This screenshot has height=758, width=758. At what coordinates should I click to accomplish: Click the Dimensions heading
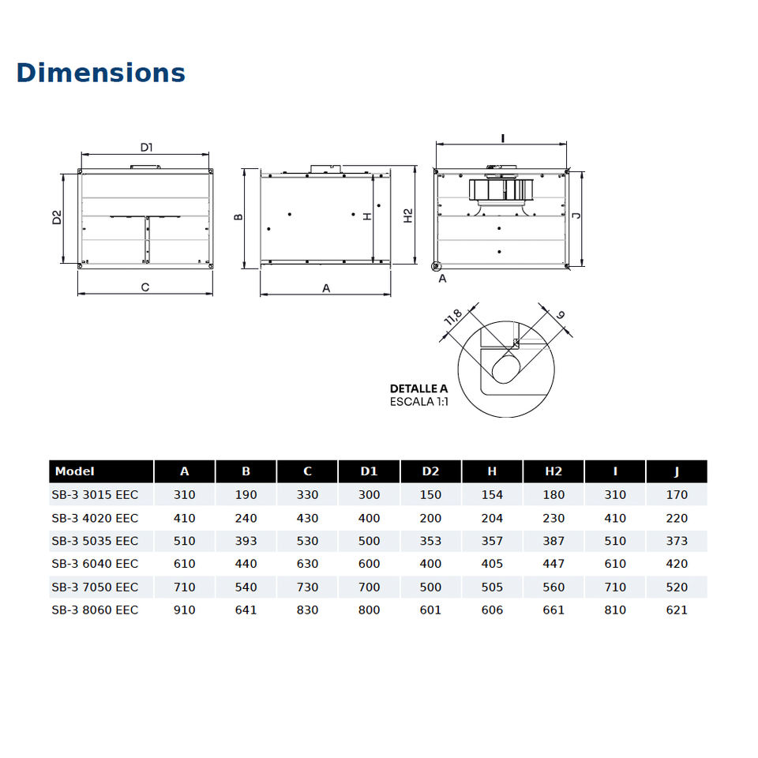[x=100, y=73]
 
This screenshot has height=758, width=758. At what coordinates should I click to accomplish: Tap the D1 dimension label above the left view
[x=147, y=147]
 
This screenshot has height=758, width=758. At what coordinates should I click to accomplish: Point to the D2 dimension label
[x=57, y=217]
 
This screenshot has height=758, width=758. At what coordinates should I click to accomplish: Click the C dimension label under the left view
[x=145, y=287]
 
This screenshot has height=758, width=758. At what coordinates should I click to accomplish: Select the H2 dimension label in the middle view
[x=408, y=216]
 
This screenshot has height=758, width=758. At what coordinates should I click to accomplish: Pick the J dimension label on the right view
[x=576, y=215]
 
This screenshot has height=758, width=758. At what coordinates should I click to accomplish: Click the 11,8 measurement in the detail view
[x=453, y=317]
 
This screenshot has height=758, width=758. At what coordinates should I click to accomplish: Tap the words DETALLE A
[x=418, y=388]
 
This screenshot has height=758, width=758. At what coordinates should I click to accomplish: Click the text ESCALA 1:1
[x=419, y=401]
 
